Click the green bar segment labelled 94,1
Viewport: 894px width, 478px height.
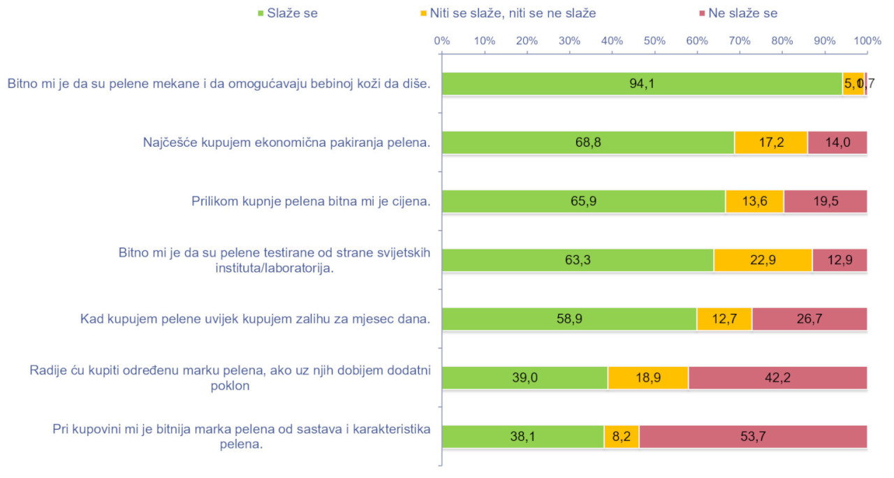pyautogui.click(x=642, y=84)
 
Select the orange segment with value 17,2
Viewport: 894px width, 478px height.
pyautogui.click(x=770, y=143)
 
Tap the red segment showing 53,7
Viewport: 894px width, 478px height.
pyautogui.click(x=753, y=436)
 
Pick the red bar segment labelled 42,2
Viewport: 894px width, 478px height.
pyautogui.click(x=777, y=377)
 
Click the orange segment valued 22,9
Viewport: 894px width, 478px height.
pyautogui.click(x=763, y=260)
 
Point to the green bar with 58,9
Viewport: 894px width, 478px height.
pyautogui.click(x=569, y=319)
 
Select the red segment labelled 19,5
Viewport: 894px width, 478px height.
pyautogui.click(x=825, y=201)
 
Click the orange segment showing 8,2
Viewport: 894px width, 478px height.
pyautogui.click(x=621, y=436)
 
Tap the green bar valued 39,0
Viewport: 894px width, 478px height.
pyautogui.click(x=525, y=377)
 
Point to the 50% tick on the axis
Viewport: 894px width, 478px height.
pyautogui.click(x=654, y=41)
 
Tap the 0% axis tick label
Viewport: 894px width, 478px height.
pyautogui.click(x=441, y=41)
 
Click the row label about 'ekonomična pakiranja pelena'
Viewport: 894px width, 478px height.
pyautogui.click(x=286, y=143)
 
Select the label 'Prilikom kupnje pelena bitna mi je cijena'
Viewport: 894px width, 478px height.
pyautogui.click(x=310, y=202)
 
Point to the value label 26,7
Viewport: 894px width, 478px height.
pyautogui.click(x=809, y=319)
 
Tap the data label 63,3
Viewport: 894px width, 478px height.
pyautogui.click(x=578, y=260)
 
